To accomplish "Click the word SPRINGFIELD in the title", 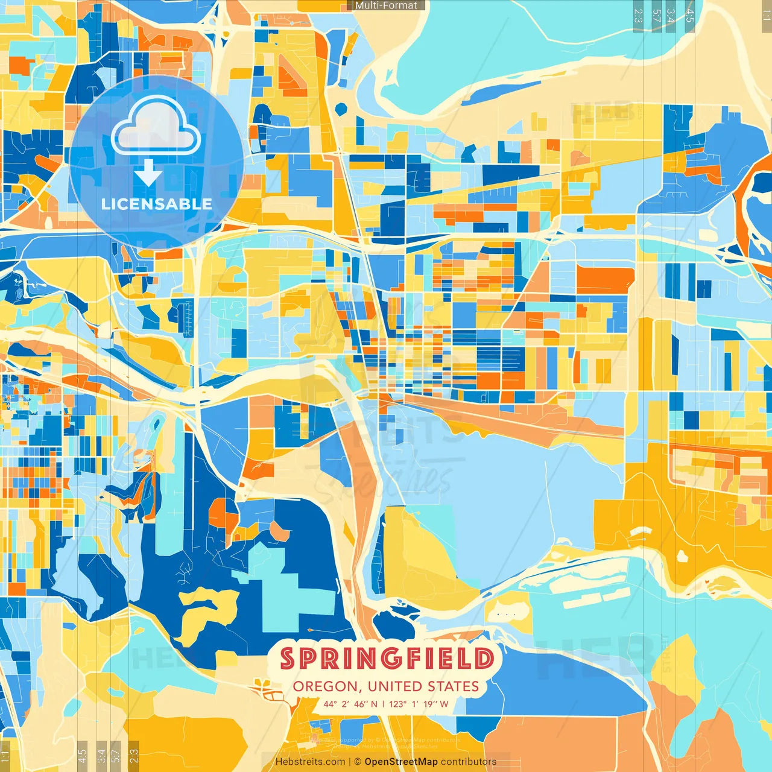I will click(x=387, y=659).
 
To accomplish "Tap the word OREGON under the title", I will click(x=325, y=686).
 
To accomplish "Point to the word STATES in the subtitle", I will click(x=454, y=686).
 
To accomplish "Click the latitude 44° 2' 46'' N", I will click(x=350, y=704).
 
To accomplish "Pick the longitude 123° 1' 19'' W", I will click(x=419, y=704).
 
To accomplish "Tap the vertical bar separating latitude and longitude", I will click(x=384, y=704).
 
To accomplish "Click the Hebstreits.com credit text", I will click(x=310, y=762).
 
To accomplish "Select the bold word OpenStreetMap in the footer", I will click(x=400, y=762).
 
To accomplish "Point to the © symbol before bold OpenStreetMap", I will click(x=358, y=762).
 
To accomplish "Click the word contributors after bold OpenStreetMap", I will click(x=469, y=762).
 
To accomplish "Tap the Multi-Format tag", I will click(x=386, y=5).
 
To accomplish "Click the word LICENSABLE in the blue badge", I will click(x=156, y=204).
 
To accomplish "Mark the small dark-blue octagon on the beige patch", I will click(x=341, y=109).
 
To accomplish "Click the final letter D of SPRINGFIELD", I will click(x=484, y=659).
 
